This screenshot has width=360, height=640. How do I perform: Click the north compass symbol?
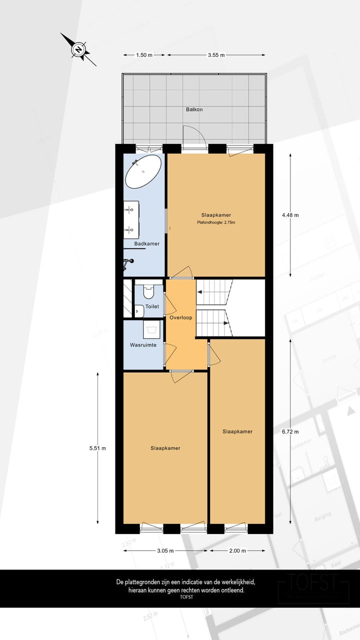(x=78, y=49)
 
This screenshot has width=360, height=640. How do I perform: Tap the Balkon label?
(x=194, y=109)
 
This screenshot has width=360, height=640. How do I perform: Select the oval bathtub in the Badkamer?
(x=143, y=171)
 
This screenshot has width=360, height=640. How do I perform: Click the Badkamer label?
(x=147, y=244)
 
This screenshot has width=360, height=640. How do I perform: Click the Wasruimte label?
(x=143, y=345)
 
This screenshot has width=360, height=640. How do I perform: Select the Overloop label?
(x=180, y=317)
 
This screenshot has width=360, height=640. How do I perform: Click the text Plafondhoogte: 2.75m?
(x=215, y=222)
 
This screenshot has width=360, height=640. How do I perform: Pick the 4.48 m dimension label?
(x=290, y=215)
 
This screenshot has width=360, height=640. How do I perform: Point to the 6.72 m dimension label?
(x=290, y=431)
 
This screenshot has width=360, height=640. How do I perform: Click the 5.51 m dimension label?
(x=97, y=448)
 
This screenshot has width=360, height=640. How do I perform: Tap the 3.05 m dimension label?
(x=165, y=550)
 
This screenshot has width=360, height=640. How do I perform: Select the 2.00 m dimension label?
(x=237, y=550)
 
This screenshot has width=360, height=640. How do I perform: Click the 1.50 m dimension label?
(x=144, y=55)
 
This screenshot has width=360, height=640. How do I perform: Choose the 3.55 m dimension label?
(x=216, y=55)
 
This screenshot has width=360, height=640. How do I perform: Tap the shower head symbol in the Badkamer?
(x=129, y=260)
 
